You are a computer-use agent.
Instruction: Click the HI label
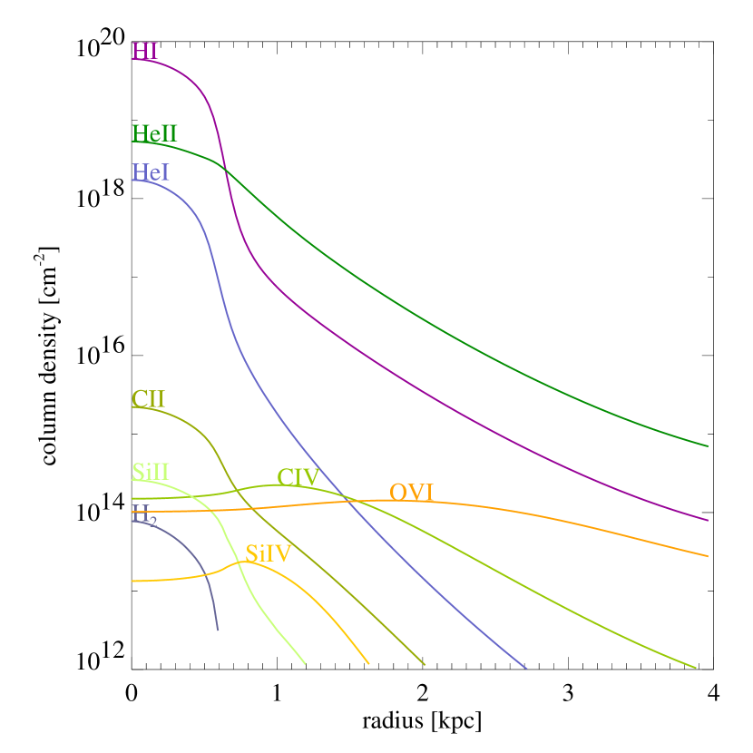[145, 51]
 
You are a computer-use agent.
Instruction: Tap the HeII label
[154, 133]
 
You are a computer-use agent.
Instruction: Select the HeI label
[151, 171]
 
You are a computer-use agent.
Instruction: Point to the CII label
[148, 399]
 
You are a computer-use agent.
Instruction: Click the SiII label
[151, 472]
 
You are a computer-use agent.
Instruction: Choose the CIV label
[298, 477]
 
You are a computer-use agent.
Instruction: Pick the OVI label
[411, 493]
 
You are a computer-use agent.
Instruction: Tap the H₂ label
[144, 514]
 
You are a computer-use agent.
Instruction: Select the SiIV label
[268, 553]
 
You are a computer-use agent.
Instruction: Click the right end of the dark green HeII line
[708, 446]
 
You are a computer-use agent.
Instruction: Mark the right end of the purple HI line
[708, 521]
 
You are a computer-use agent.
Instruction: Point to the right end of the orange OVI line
[708, 556]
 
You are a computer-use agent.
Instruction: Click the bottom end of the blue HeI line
[526, 669]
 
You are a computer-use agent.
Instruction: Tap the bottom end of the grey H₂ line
[218, 630]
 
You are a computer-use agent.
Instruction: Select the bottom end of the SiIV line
[369, 664]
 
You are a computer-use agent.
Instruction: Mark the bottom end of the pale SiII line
[305, 664]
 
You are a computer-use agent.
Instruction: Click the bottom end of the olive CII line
[425, 665]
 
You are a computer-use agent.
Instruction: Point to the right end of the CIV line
[695, 668]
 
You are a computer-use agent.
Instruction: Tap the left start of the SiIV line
[132, 581]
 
